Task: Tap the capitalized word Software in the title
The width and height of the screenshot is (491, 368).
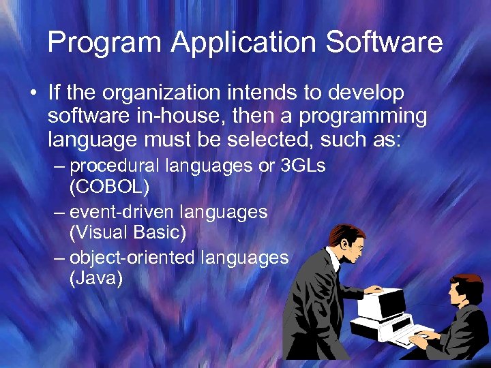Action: pyautogui.click(x=385, y=43)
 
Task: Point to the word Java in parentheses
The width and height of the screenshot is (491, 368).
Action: pyautogui.click(x=96, y=277)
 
